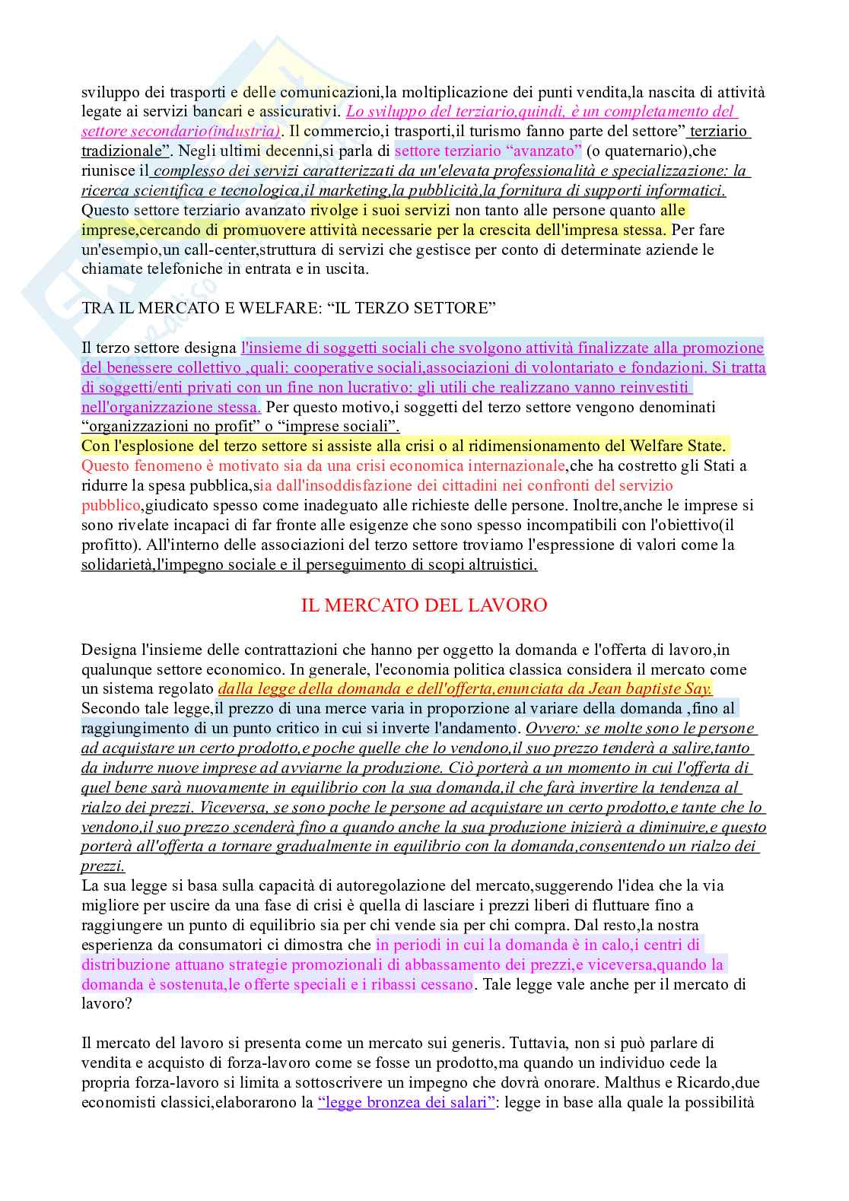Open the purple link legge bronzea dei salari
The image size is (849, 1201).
(x=407, y=1102)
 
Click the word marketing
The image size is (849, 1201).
(x=358, y=190)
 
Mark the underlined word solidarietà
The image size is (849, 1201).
(x=119, y=565)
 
